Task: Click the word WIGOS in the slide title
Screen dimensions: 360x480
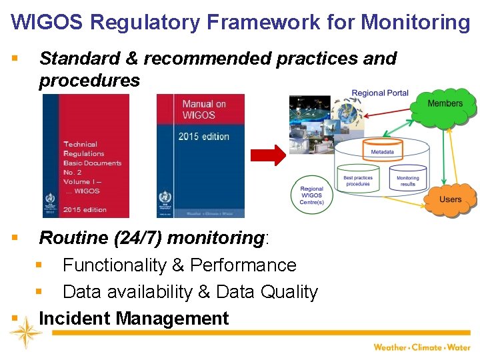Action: click(47, 22)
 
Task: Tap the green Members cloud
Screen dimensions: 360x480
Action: click(445, 104)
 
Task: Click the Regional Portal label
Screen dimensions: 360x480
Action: click(380, 93)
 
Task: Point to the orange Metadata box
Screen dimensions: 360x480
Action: click(382, 152)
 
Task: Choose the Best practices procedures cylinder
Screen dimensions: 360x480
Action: click(358, 181)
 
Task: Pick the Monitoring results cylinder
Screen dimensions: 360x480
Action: click(407, 181)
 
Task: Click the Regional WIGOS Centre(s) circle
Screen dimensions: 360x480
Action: click(312, 196)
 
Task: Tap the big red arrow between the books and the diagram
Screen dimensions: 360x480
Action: click(267, 155)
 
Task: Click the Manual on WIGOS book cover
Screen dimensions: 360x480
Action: click(200, 155)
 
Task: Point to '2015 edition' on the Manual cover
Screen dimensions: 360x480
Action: click(203, 137)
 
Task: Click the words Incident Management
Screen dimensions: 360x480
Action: click(133, 319)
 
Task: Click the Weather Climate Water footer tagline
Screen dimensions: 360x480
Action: click(421, 347)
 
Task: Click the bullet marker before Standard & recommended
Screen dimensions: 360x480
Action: click(15, 59)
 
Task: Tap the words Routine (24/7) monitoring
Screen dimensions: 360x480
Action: click(153, 238)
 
